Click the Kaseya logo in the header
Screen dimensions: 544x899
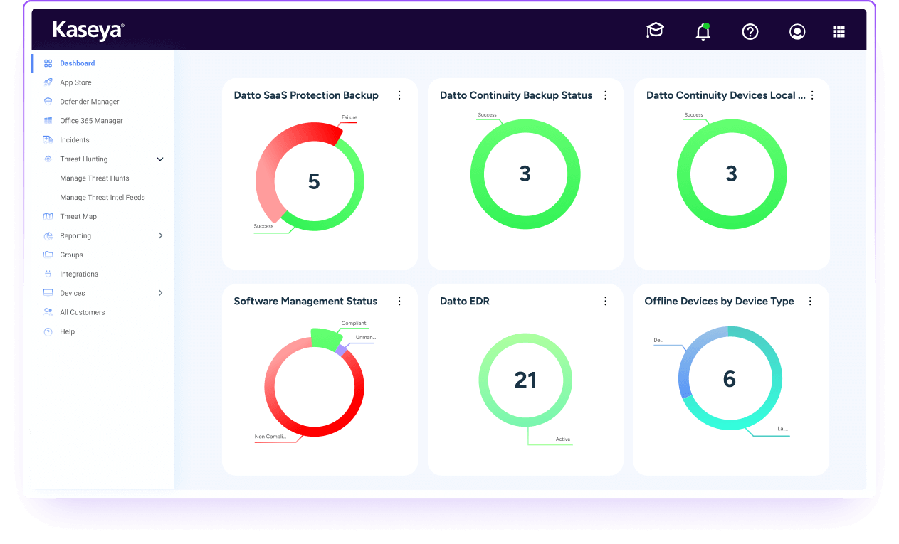point(88,30)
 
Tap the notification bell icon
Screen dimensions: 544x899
point(703,31)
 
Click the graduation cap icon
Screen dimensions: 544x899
point(655,31)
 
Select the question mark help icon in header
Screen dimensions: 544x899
point(750,31)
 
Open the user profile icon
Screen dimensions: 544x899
point(797,31)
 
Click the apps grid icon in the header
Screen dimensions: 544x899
point(838,31)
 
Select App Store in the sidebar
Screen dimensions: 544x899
point(75,82)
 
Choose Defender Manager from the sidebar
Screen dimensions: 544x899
point(89,102)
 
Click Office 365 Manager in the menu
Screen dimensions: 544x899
point(91,121)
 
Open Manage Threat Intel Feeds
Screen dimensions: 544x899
point(102,198)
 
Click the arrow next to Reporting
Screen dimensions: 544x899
point(160,235)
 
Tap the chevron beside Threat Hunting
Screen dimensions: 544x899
point(160,159)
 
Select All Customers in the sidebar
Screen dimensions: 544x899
point(82,312)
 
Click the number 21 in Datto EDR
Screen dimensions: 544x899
point(525,380)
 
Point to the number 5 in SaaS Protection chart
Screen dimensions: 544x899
point(313,182)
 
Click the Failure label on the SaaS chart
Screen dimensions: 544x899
point(349,117)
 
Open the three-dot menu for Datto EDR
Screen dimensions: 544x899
point(606,302)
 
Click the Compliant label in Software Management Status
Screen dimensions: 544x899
point(353,324)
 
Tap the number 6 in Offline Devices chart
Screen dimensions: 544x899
point(729,379)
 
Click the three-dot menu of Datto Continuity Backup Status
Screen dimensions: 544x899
point(606,95)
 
